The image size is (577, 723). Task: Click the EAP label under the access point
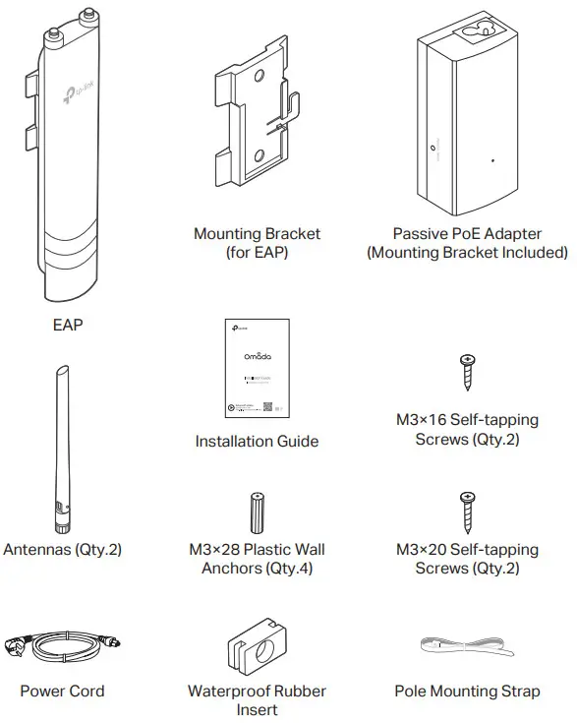tap(68, 324)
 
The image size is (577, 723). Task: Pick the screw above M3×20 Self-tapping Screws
tap(468, 512)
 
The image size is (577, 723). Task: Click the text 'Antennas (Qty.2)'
tap(62, 549)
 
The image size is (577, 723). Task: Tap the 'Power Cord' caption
tap(62, 691)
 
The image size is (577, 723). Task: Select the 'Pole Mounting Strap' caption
tap(467, 691)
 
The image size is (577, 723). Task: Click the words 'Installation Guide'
tap(257, 442)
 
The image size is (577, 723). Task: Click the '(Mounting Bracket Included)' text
tap(467, 253)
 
